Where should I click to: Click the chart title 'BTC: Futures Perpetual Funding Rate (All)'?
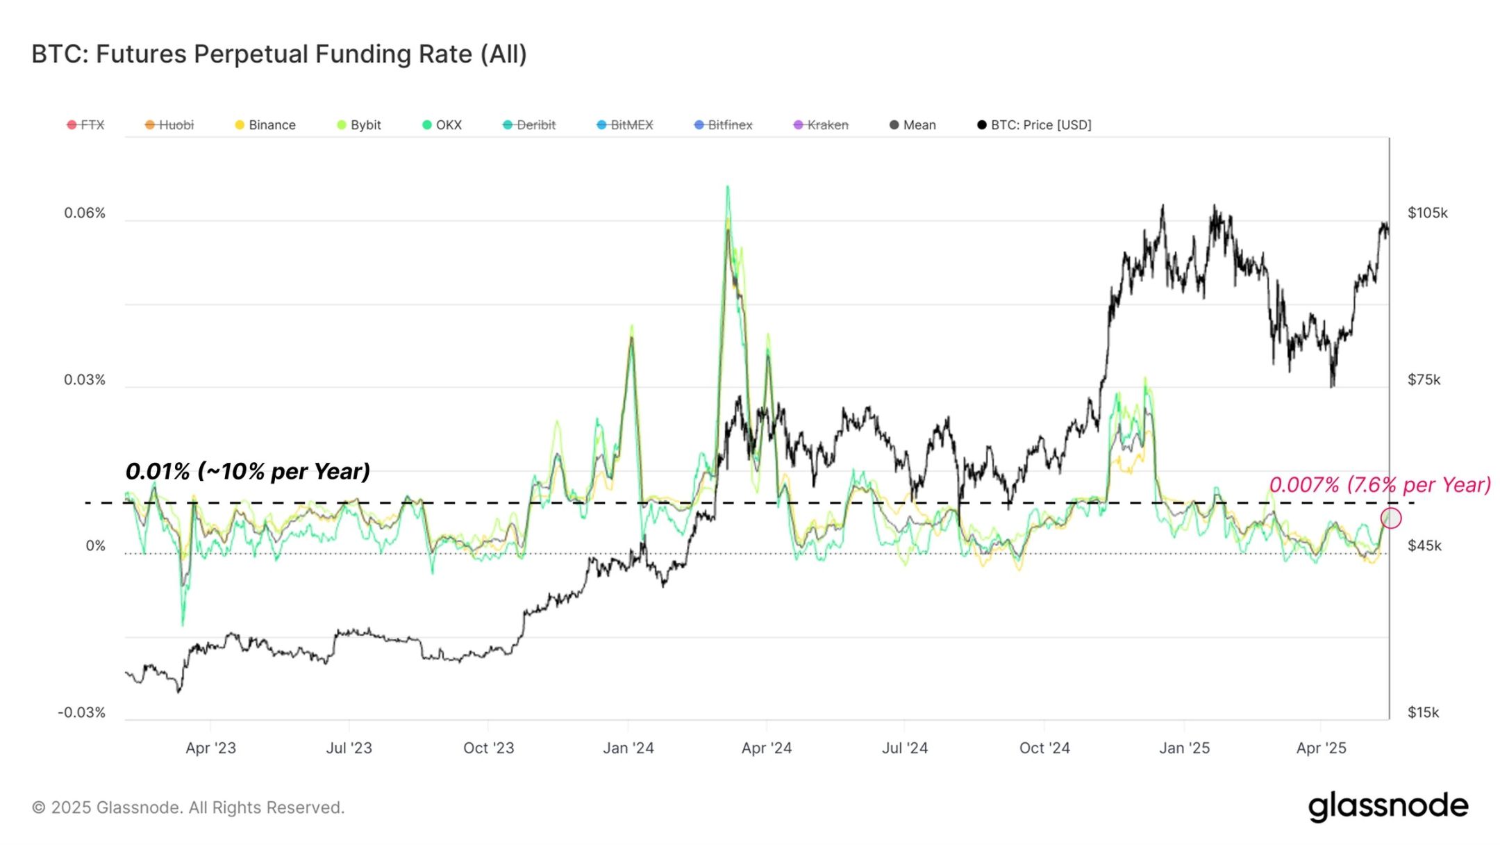click(x=279, y=54)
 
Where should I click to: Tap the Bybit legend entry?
click(x=360, y=125)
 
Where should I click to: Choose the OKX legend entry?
click(x=442, y=125)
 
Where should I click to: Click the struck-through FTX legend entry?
click(x=86, y=125)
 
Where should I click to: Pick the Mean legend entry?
click(x=913, y=125)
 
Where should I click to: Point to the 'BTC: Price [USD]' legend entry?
click(x=1035, y=125)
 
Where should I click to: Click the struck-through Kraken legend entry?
click(x=822, y=125)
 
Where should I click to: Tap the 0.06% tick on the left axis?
click(x=85, y=213)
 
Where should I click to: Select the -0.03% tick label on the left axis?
click(x=82, y=712)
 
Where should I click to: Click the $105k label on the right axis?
click(x=1428, y=213)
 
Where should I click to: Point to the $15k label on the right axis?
click(x=1424, y=712)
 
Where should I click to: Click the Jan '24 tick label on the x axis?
click(x=628, y=748)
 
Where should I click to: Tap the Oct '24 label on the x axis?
click(x=1044, y=748)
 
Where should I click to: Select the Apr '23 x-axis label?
click(x=211, y=748)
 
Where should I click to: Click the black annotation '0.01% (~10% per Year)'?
click(x=248, y=472)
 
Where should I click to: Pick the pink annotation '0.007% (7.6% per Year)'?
click(x=1380, y=484)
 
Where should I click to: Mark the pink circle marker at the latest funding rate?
click(x=1391, y=518)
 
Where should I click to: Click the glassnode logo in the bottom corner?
click(x=1388, y=806)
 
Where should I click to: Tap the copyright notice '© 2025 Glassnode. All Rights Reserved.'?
click(x=188, y=807)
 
